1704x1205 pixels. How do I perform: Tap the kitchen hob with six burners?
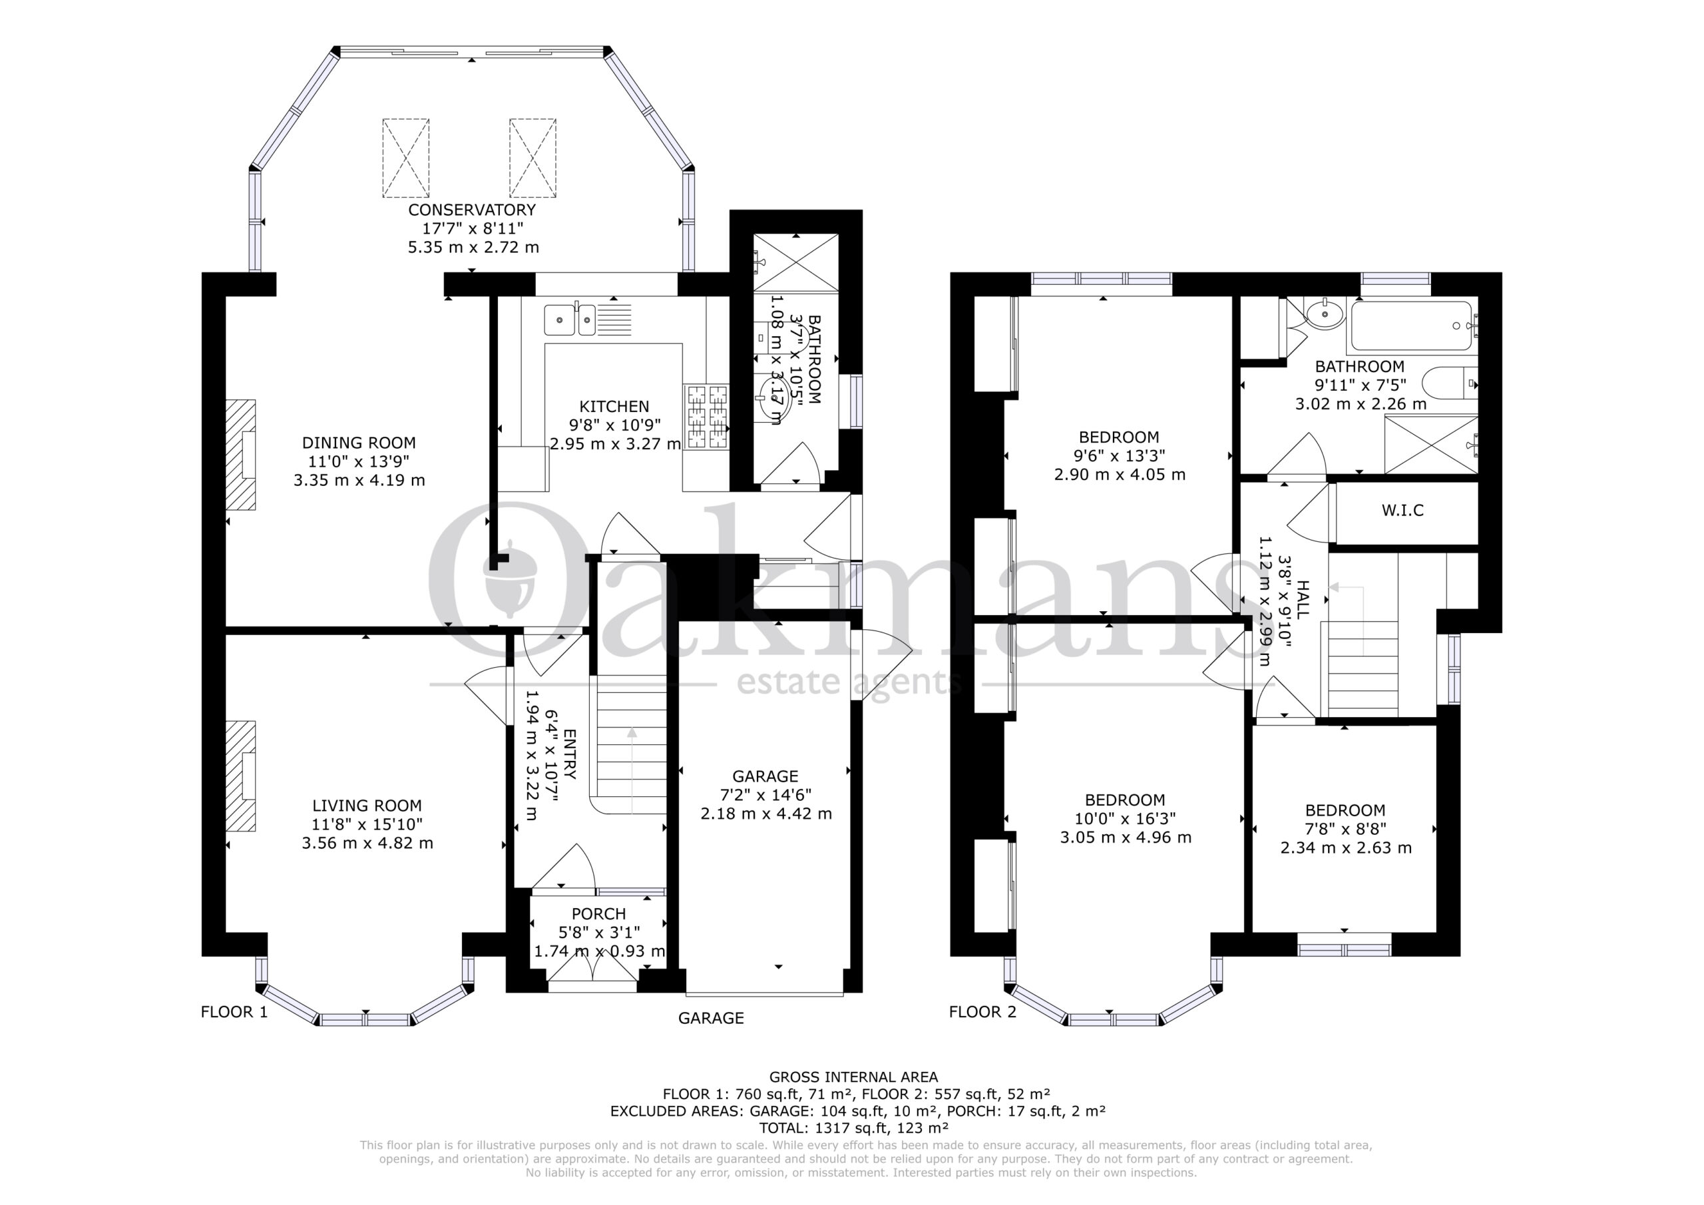point(706,417)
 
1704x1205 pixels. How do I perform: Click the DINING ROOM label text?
point(359,443)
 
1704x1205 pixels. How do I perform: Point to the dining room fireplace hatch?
point(240,455)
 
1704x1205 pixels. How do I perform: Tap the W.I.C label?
point(1402,511)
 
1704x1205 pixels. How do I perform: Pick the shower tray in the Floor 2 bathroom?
point(1431,444)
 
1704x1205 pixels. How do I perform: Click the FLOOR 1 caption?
point(234,1012)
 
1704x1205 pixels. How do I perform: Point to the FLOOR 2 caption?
point(982,1012)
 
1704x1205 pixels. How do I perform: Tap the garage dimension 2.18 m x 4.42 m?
point(766,814)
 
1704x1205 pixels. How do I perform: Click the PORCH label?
point(598,914)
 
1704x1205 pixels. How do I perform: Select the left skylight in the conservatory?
point(406,158)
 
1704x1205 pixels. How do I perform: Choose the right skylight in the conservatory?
point(533,158)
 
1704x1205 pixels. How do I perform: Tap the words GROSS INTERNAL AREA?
point(853,1077)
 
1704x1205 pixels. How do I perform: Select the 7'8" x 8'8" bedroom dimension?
point(1345,829)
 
